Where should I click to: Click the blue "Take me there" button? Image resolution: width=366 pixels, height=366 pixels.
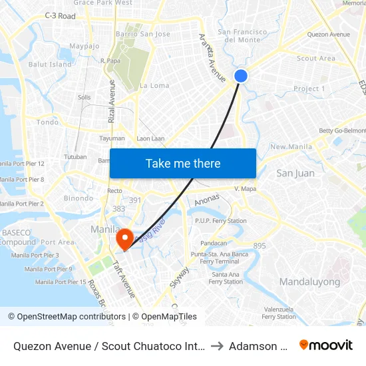coord(183,164)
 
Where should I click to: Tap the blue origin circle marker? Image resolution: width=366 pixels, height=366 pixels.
coord(241,76)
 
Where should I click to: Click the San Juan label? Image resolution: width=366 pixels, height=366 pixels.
coord(295,174)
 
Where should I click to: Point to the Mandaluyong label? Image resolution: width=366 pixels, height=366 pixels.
coord(309,281)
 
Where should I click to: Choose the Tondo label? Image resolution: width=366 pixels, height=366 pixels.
coord(47,122)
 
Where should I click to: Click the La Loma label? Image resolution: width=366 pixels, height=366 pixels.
coord(154,86)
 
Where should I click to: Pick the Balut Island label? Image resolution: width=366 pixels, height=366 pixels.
coord(50,65)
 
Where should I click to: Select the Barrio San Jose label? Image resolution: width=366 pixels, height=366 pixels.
coord(143,34)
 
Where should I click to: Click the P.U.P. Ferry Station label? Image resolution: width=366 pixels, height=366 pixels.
coord(220,221)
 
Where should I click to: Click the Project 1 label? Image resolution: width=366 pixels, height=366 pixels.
coord(309,89)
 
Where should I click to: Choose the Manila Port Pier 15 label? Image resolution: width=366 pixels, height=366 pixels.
coord(61,282)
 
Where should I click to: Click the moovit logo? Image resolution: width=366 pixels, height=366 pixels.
coord(326,345)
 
